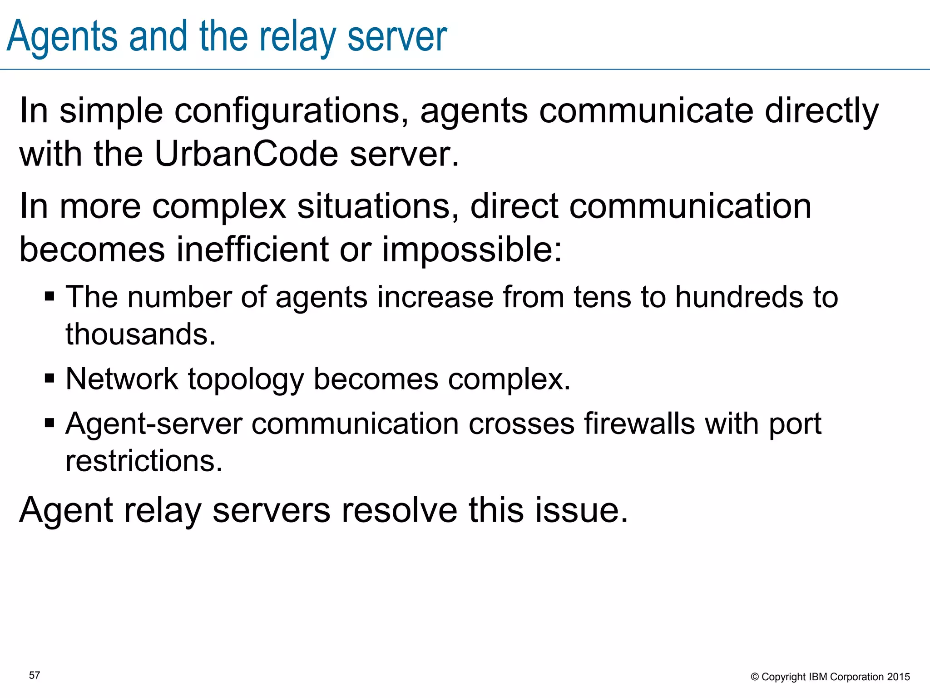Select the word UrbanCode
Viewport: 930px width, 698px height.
pos(246,154)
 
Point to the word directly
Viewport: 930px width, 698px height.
pos(822,111)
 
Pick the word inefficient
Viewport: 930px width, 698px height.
pos(252,249)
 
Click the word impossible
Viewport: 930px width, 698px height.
pos(472,249)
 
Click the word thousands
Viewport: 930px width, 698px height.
pos(140,334)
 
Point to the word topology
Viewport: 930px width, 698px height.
pos(246,379)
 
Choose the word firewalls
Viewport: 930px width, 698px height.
pos(639,424)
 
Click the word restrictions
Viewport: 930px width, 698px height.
pos(144,461)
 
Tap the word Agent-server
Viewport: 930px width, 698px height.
pos(154,424)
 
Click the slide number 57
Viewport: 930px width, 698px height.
pos(35,675)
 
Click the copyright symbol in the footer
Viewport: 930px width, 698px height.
pos(755,677)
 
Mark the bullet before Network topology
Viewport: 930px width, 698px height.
pos(49,378)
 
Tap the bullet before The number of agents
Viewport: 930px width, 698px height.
pos(49,297)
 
